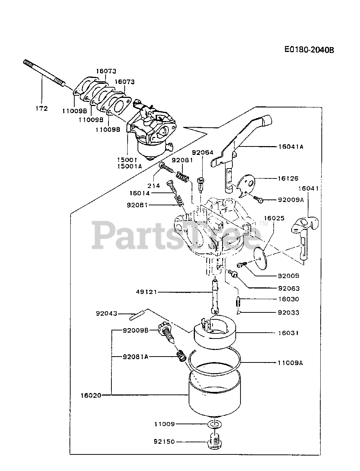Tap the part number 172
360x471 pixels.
tap(42, 109)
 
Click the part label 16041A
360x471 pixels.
tap(291, 146)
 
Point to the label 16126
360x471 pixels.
tap(288, 178)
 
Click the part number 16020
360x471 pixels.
tap(90, 395)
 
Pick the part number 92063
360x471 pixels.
tap(289, 288)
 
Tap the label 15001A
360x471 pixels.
tap(129, 166)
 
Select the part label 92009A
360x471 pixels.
tap(291, 200)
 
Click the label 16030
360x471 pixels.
tap(289, 299)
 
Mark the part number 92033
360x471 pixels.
tap(289, 313)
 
